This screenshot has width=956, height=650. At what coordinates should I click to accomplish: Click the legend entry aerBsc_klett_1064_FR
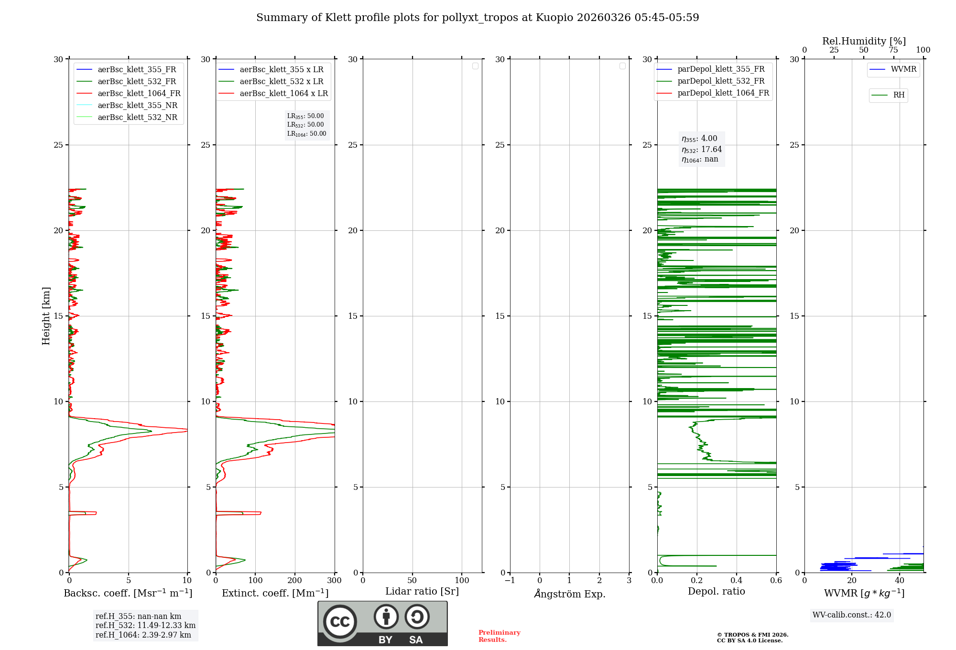(139, 94)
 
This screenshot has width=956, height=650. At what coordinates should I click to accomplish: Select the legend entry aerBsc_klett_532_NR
(137, 118)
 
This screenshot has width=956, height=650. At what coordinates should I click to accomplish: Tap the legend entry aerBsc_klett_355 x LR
(281, 70)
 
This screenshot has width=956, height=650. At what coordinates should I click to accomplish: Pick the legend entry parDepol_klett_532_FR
(721, 81)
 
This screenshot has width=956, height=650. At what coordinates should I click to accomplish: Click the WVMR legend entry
(903, 69)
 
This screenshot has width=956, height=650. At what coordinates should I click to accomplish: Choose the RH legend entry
(898, 95)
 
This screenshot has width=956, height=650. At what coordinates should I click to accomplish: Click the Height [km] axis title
(46, 316)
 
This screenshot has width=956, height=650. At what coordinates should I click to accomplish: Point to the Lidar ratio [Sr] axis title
(422, 592)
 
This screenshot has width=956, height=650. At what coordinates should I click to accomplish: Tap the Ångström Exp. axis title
(569, 594)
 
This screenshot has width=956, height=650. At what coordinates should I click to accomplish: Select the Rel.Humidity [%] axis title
(864, 41)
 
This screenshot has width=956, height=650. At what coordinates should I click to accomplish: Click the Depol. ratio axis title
(716, 592)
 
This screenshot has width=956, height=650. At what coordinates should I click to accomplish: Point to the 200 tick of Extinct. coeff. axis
(295, 581)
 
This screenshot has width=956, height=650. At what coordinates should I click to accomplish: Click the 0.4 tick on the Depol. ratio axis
(737, 581)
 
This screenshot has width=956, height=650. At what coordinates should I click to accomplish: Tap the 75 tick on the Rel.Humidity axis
(893, 50)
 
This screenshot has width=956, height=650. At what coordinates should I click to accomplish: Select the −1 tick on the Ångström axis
(510, 581)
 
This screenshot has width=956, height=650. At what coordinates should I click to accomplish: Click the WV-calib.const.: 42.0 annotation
(851, 615)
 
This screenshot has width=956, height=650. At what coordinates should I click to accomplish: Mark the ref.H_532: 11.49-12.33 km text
(145, 626)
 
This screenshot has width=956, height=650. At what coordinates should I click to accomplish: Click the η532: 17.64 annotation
(702, 150)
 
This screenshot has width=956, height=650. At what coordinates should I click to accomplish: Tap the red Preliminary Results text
(499, 636)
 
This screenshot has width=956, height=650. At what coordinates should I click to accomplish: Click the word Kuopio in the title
(554, 18)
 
